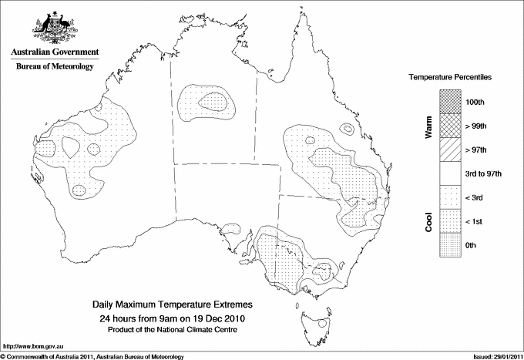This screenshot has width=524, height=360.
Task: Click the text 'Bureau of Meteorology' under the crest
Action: click(55, 66)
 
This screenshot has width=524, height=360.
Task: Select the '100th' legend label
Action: click(475, 102)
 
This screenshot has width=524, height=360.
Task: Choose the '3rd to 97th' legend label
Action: click(483, 173)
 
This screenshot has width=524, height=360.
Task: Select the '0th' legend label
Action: click(472, 245)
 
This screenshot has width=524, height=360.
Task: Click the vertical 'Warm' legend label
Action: click(429, 126)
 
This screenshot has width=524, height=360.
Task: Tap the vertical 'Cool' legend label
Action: click(429, 221)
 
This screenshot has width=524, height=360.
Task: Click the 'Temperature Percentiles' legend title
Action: click(451, 78)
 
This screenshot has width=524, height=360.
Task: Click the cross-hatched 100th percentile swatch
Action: click(451, 102)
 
